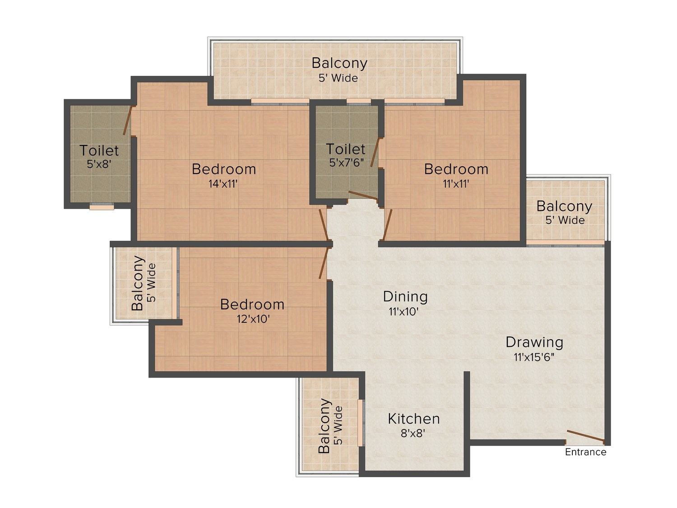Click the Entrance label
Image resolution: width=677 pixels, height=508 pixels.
[585, 452]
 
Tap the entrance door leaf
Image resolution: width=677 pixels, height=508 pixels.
[585, 435]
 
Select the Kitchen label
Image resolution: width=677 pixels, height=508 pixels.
[413, 419]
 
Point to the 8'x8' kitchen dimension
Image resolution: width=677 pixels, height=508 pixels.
[413, 433]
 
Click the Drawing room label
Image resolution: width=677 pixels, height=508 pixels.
[534, 342]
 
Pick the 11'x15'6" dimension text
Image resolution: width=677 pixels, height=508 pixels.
[534, 357]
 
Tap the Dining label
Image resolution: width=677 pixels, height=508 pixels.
[405, 297]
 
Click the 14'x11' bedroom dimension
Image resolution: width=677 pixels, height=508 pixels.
[223, 184]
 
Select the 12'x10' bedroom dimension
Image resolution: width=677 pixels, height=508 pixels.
[253, 319]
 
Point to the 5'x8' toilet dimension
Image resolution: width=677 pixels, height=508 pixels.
[99, 164]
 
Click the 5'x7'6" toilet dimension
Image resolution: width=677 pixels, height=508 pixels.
[346, 163]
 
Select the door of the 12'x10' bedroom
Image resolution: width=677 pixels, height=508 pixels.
[323, 263]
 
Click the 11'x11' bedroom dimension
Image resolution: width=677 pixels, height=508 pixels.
[456, 184]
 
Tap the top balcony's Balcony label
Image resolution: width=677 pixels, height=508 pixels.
[339, 63]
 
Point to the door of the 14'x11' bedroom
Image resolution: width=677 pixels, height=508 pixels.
[324, 224]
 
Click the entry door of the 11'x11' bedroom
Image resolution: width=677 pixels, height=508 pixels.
[387, 224]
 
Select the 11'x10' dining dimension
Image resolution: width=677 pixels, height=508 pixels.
[403, 312]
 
